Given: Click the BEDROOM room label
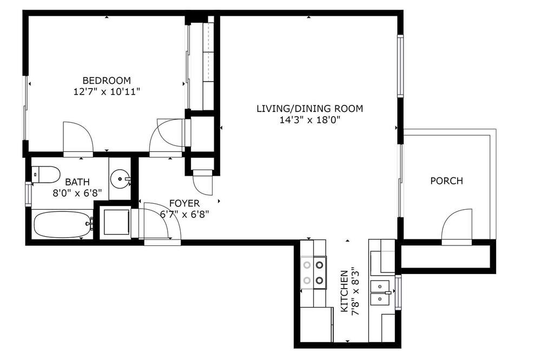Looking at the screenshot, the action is pos(107,81).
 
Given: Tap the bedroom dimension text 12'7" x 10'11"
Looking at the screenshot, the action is pos(107,92).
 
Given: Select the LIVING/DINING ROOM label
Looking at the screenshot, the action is pos(309,109).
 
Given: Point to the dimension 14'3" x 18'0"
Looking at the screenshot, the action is pos(309,120).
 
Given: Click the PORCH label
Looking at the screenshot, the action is pos(446,181).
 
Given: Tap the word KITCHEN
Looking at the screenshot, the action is pos(344,291).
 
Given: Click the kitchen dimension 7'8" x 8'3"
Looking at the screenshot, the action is pos(355,291).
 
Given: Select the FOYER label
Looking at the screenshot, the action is pos(184,203).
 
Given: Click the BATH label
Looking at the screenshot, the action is pos(77,182).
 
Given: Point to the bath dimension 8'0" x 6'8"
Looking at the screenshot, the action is pos(77,193).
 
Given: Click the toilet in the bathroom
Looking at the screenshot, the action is pos(46,175).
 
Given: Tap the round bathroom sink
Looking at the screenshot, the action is pos(120,178).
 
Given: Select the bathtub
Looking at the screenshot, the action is pos(63,224).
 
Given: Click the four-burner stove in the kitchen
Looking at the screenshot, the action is pos(313,273).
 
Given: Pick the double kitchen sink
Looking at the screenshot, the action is pos(380,293).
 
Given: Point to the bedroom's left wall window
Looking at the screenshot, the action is pos(25,108).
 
